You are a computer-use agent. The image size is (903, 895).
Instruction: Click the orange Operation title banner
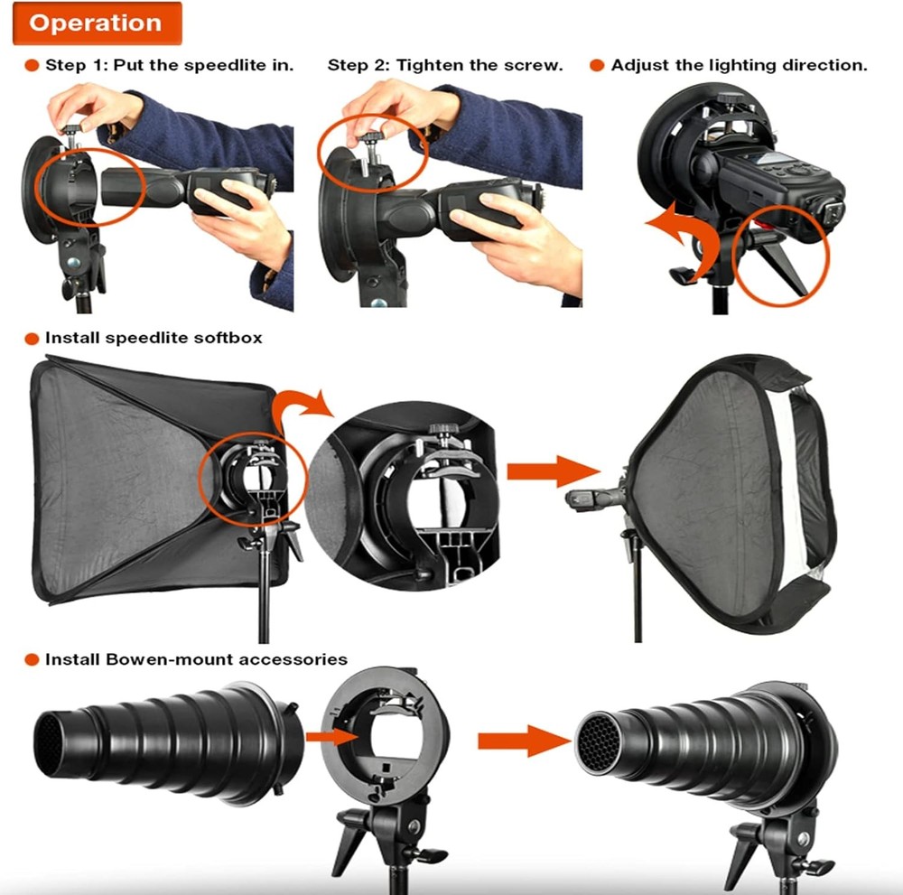97,23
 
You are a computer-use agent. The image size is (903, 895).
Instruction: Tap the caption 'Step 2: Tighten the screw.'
445,66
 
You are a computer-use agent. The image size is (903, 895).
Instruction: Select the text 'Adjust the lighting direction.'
739,66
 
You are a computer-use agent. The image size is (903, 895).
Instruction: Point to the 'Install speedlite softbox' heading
154,338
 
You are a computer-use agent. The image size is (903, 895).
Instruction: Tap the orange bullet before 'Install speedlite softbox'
31,338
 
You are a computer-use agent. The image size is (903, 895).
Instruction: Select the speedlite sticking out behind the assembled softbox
592,498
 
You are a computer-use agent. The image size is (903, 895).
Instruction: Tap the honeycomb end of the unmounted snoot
45,736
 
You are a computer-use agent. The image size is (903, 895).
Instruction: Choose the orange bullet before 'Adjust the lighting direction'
596,66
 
